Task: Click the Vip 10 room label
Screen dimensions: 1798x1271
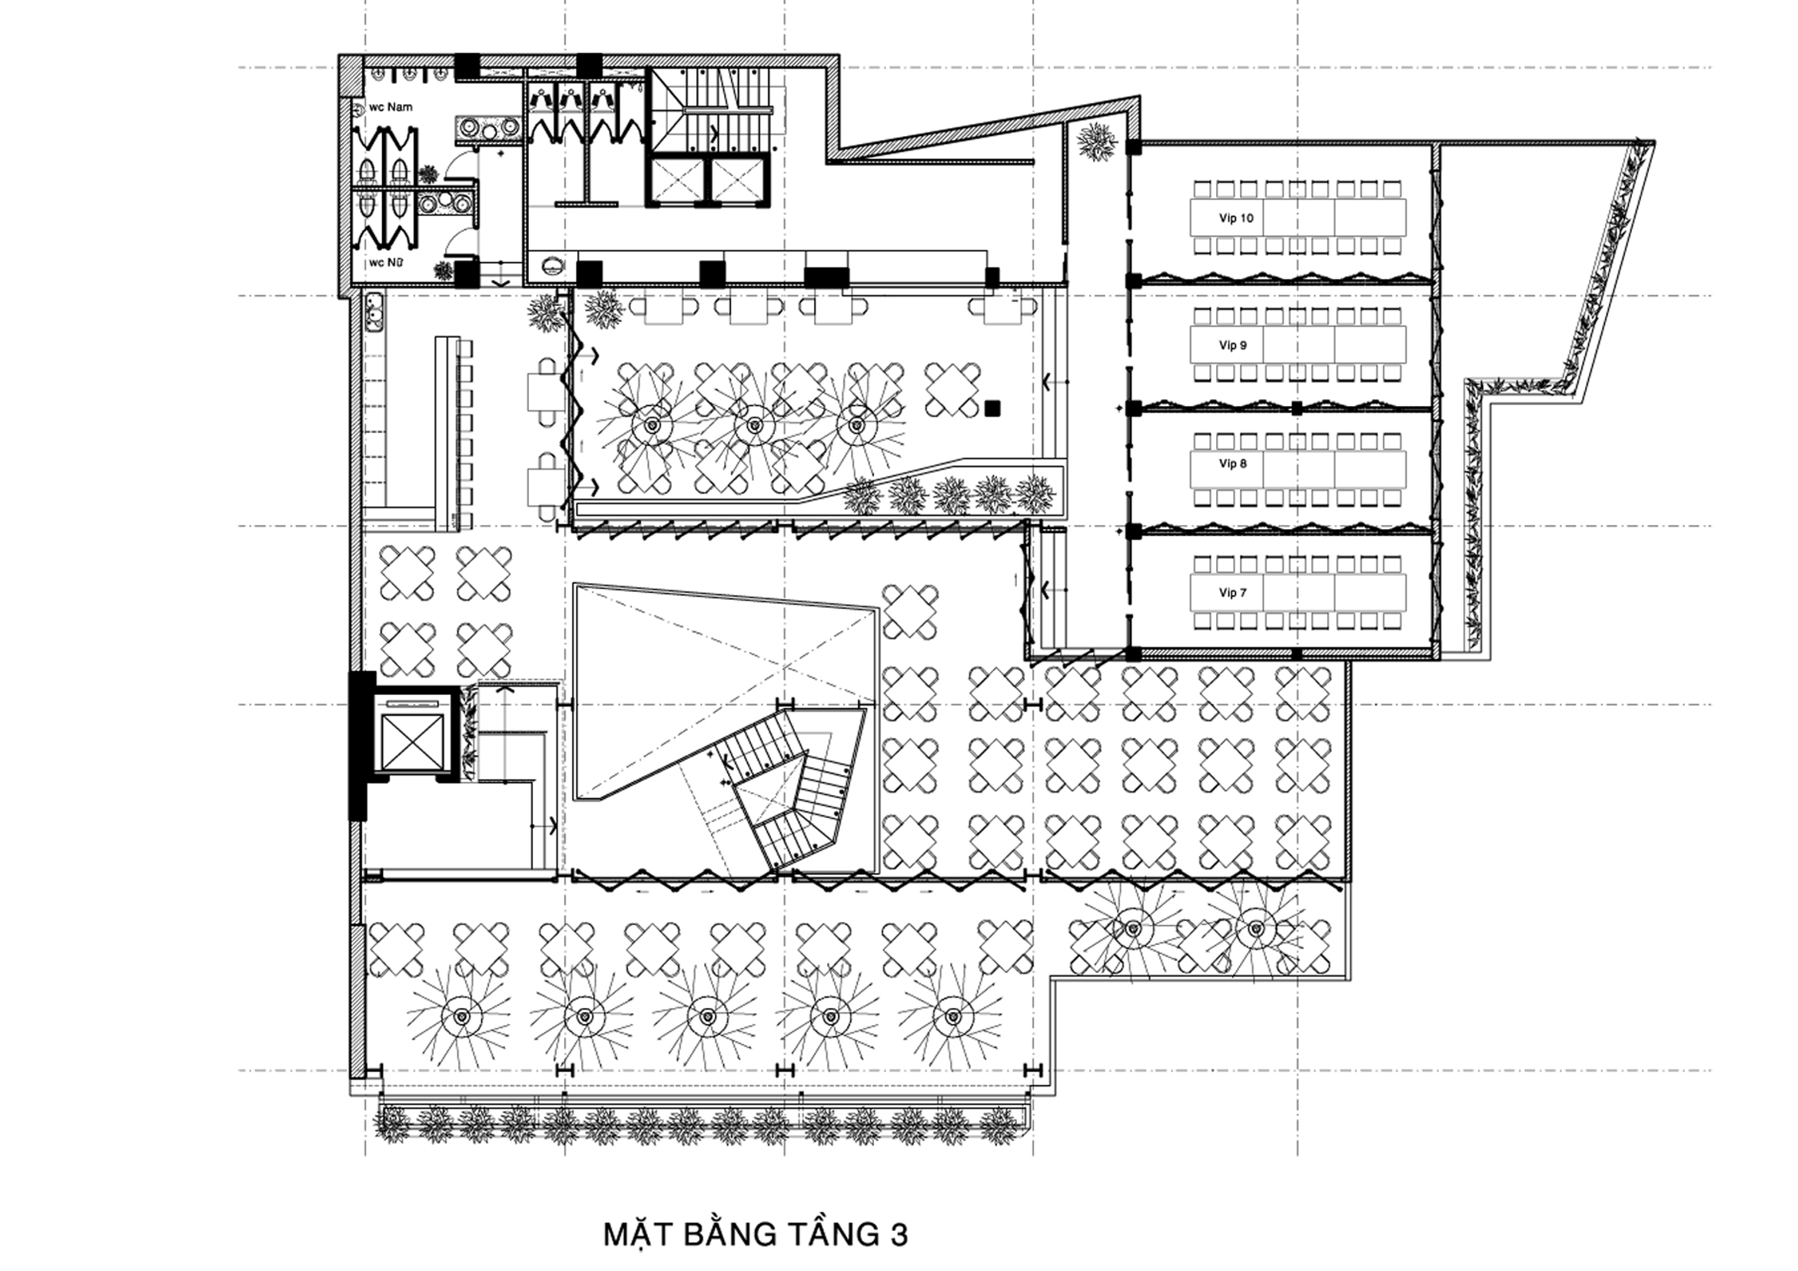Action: [1236, 218]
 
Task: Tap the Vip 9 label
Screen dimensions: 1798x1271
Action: [1232, 345]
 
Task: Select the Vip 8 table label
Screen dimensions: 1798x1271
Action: [1232, 464]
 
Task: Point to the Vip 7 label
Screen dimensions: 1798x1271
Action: [1232, 593]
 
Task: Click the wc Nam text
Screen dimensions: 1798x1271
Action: [391, 107]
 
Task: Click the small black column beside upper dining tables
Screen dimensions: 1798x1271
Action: [993, 408]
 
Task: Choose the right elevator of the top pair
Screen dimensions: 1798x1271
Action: [734, 181]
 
